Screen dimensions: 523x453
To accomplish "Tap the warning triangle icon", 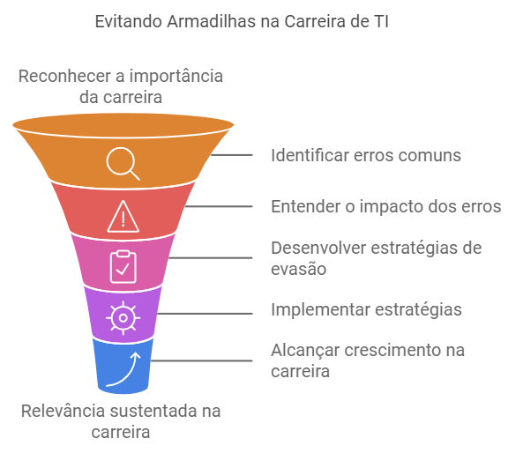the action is pos(123,217).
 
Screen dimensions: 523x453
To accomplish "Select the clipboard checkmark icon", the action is pos(123,267).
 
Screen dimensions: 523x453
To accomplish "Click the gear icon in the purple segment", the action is pos(123,318).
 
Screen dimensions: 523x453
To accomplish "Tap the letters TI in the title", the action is pos(381,22).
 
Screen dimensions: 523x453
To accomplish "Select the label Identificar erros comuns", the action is pos(366,155).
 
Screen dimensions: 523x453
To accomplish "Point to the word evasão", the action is pos(298,270).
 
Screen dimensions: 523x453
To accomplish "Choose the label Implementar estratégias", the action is pos(366,309).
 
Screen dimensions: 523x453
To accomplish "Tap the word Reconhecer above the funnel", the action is pos(64,76).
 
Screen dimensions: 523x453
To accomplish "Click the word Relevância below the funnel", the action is pos(64,411).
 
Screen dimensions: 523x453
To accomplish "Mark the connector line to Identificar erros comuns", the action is pos(231,155).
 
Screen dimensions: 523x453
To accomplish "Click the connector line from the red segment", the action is pos(219,206).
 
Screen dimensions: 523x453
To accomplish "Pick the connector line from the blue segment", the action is pos(201,360).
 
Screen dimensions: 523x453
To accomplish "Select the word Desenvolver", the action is pos(318,249).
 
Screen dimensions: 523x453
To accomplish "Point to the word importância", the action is pos(176,77).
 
